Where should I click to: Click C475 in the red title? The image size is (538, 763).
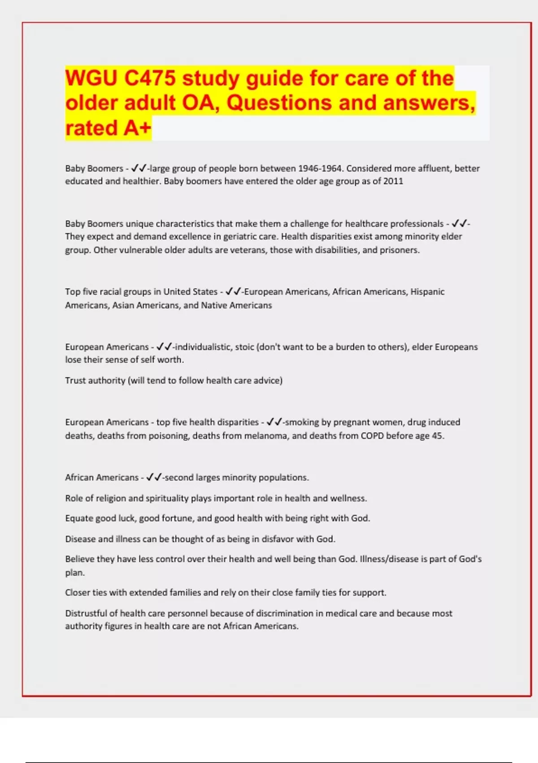pyautogui.click(x=150, y=79)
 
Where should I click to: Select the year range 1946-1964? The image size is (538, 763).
pyautogui.click(x=320, y=169)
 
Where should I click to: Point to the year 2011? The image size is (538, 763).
pyautogui.click(x=393, y=181)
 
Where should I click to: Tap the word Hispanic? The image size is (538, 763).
pyautogui.click(x=427, y=292)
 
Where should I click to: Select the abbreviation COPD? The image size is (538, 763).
pyautogui.click(x=372, y=436)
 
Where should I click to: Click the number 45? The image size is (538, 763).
pyautogui.click(x=437, y=436)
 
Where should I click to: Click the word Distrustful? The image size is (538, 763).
pyautogui.click(x=91, y=614)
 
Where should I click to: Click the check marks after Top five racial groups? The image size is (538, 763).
pyautogui.click(x=233, y=292)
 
